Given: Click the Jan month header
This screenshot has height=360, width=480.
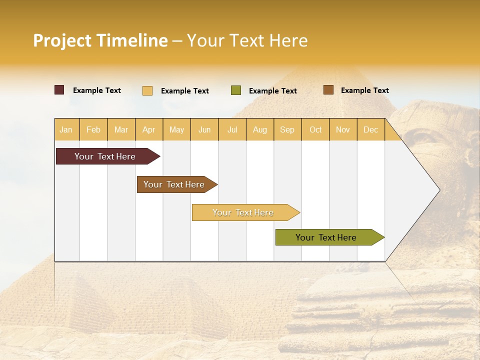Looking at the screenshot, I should tap(66, 129).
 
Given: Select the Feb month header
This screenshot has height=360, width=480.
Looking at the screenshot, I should tap(93, 129).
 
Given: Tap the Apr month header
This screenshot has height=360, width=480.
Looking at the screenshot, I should tap(149, 129).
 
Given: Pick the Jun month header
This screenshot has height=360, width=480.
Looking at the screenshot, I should tap(204, 129).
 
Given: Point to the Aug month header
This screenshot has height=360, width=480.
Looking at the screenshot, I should tap(260, 129).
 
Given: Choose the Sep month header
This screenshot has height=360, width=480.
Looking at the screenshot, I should tap(287, 129).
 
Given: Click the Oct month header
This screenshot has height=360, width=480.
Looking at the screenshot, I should tap(315, 129).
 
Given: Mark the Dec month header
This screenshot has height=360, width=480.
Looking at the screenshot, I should tap(371, 129).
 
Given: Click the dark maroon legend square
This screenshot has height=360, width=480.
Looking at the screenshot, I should tap(59, 90).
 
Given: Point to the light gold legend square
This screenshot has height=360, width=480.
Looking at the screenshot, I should tap(147, 90).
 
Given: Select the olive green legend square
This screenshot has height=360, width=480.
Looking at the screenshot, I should tap(236, 90).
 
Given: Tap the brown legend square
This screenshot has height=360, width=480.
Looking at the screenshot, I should tap(328, 90).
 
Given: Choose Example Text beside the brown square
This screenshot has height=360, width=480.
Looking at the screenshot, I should tap(364, 90).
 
